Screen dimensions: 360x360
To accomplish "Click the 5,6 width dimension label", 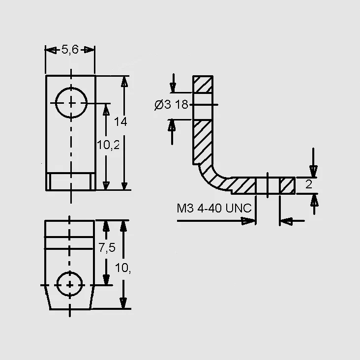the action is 70,50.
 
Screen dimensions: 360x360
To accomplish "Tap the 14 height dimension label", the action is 120,121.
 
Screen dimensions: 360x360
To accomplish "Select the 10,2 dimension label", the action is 108,145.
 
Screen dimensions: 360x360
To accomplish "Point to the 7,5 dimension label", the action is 107,247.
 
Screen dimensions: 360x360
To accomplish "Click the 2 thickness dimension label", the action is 309,184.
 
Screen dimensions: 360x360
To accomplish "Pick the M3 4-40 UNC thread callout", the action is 214,208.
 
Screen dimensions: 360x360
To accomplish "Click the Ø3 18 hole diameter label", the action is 171,105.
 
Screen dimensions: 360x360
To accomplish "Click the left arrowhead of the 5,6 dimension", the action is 51,50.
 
